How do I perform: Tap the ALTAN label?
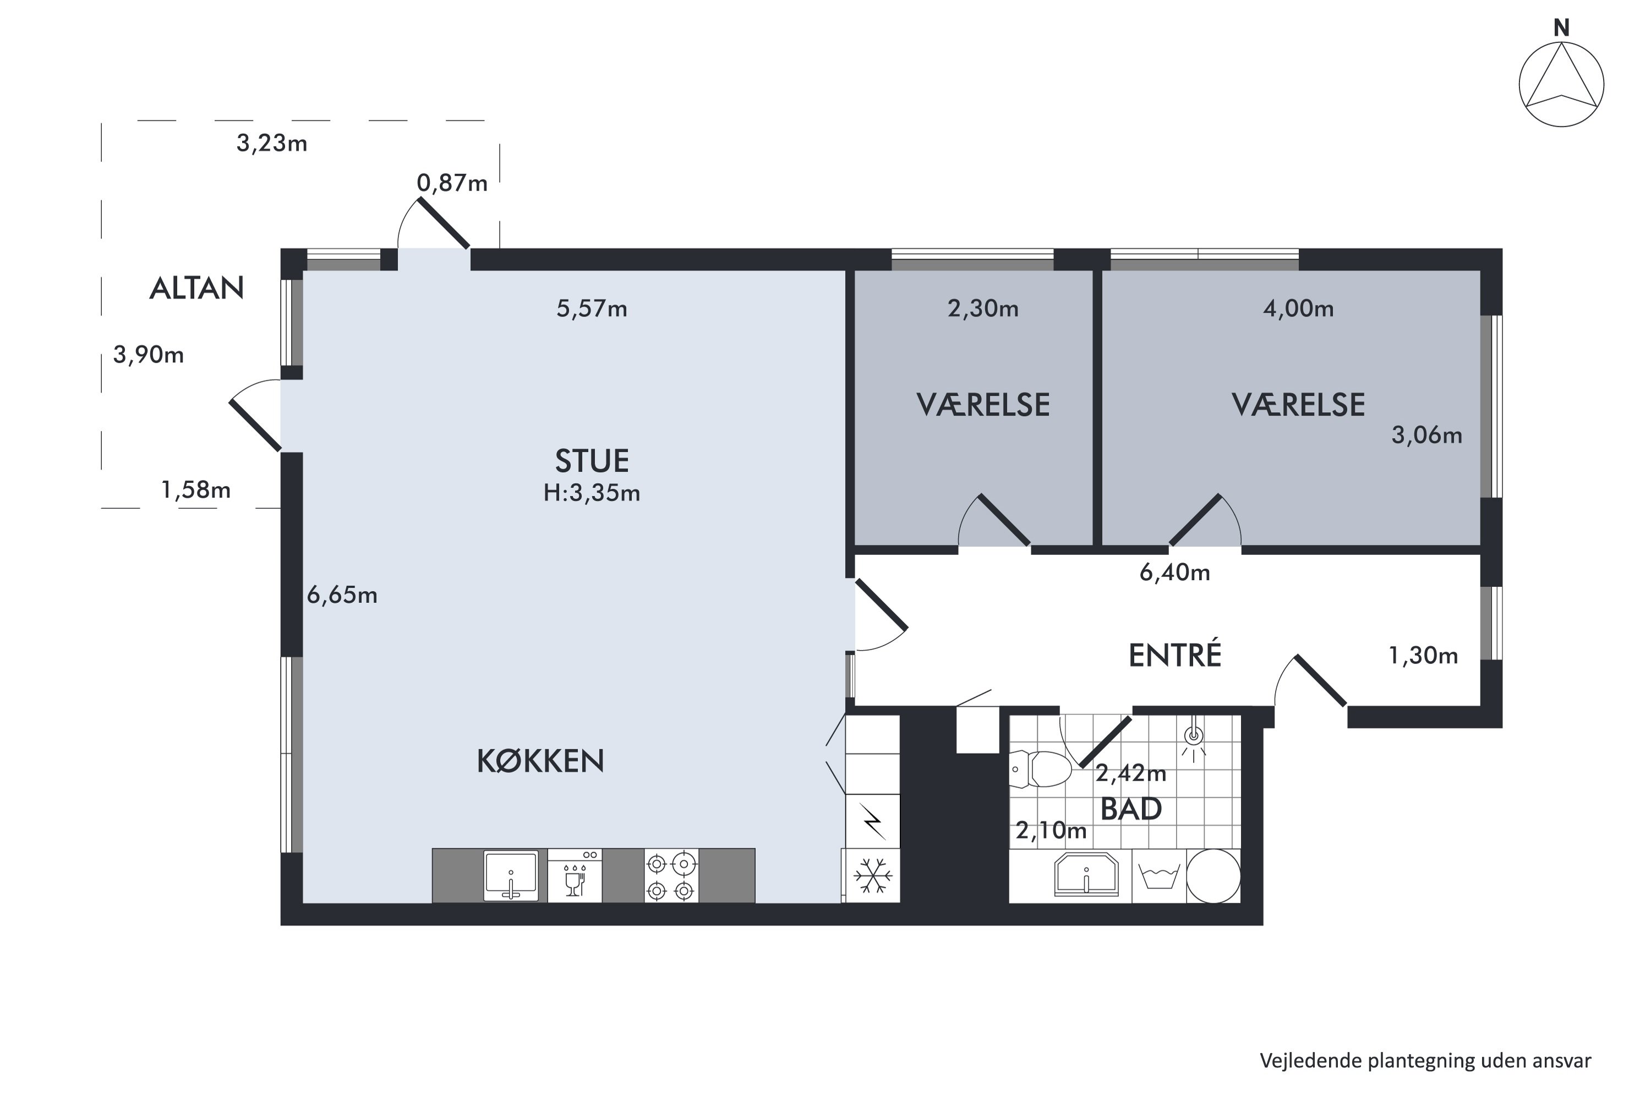[x=196, y=288]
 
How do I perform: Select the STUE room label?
[x=592, y=461]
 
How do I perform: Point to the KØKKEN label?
[x=540, y=761]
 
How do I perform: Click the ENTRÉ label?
[x=1175, y=655]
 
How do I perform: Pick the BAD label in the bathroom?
[x=1131, y=810]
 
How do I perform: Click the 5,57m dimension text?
[x=592, y=308]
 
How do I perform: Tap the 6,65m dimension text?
[x=342, y=596]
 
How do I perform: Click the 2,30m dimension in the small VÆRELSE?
[x=983, y=308]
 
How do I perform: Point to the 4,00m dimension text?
[x=1298, y=308]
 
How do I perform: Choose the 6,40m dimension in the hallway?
[x=1174, y=573]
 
